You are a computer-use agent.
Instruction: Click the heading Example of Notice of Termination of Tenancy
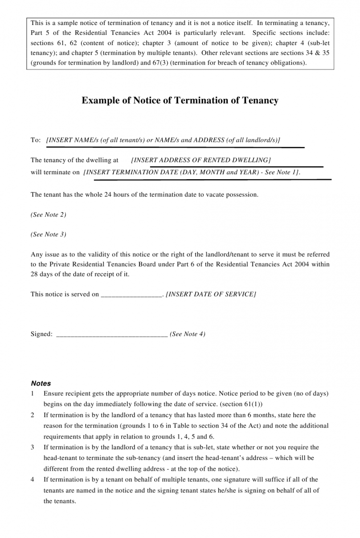[180, 100]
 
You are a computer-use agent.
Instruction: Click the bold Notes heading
[41, 383]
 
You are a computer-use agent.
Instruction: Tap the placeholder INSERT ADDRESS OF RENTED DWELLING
[201, 160]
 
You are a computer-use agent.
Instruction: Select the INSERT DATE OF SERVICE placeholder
[211, 294]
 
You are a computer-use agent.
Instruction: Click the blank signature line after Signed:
[112, 334]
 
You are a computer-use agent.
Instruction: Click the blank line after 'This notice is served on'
[131, 295]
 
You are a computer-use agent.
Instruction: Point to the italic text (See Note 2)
[48, 215]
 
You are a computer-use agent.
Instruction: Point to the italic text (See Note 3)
[48, 234]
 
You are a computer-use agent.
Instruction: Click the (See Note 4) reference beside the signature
[188, 334]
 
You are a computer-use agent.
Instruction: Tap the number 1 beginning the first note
[33, 394]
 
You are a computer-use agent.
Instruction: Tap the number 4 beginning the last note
[33, 480]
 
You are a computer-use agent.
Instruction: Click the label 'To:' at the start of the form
[36, 140]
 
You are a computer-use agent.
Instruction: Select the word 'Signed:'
[41, 334]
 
